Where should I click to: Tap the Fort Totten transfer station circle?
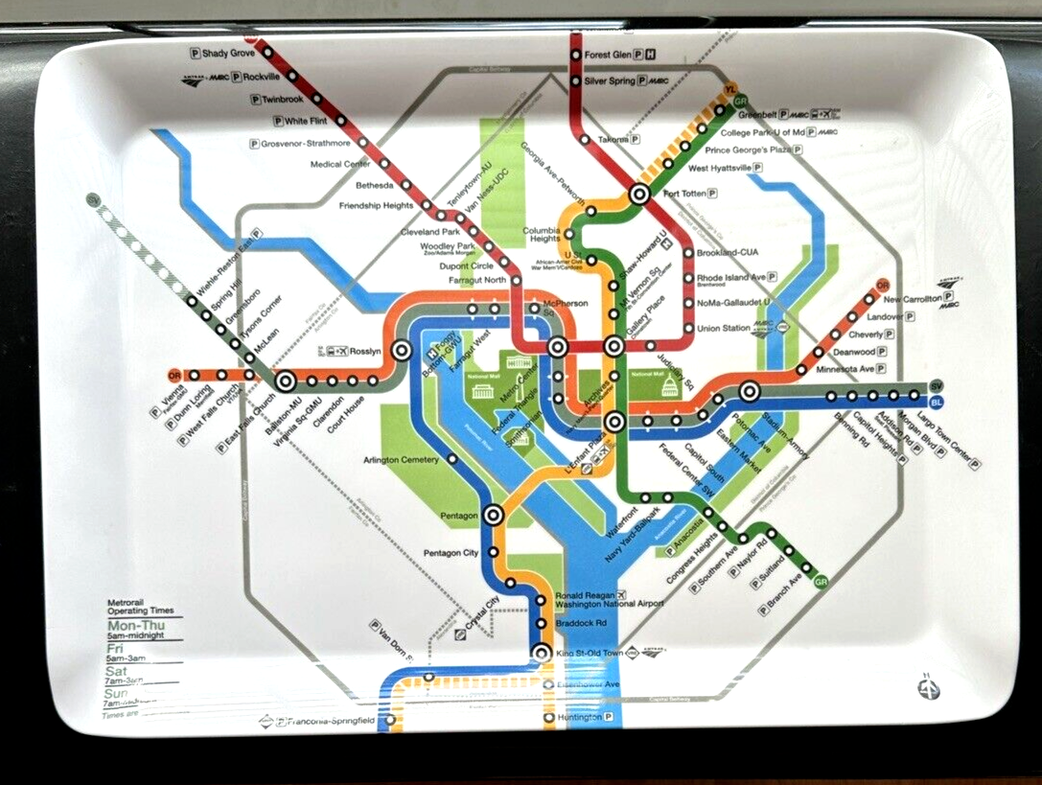639,194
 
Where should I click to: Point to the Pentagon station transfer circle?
494,515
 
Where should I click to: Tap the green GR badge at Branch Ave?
821,581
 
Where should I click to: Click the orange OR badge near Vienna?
174,375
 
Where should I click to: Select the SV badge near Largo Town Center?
937,385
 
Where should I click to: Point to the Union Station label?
723,329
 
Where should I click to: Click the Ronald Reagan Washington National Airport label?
609,598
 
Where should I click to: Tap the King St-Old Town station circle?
541,654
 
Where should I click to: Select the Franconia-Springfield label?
331,721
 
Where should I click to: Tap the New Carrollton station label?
912,299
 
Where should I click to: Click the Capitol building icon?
667,385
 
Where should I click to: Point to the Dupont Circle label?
469,265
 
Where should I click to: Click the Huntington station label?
579,717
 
